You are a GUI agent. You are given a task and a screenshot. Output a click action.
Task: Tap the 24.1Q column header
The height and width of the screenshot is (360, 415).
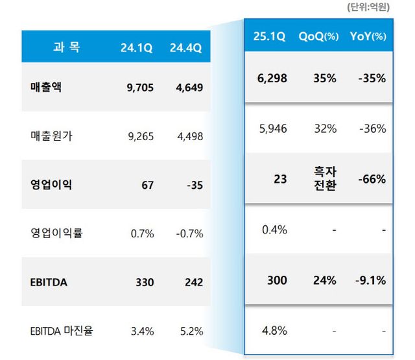pyautogui.click(x=136, y=47)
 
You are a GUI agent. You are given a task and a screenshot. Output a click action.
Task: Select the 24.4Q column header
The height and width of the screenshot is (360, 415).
pyautogui.click(x=186, y=47)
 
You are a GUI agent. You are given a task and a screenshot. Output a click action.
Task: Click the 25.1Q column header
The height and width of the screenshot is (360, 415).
pyautogui.click(x=270, y=37)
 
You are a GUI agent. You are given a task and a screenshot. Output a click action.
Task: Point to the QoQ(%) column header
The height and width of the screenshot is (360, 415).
pyautogui.click(x=318, y=37)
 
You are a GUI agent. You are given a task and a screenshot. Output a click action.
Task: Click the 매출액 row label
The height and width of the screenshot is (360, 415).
pyautogui.click(x=47, y=88)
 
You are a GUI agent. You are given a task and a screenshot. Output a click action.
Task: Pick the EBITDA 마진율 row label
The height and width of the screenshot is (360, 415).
pyautogui.click(x=62, y=331)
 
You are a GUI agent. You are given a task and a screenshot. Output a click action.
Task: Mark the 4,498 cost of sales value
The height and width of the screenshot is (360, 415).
pyautogui.click(x=189, y=136)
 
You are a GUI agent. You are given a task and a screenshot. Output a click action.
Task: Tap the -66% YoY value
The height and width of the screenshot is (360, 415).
pyautogui.click(x=372, y=178)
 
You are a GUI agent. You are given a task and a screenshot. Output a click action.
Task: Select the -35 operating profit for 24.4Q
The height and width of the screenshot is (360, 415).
pyautogui.click(x=193, y=185)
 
